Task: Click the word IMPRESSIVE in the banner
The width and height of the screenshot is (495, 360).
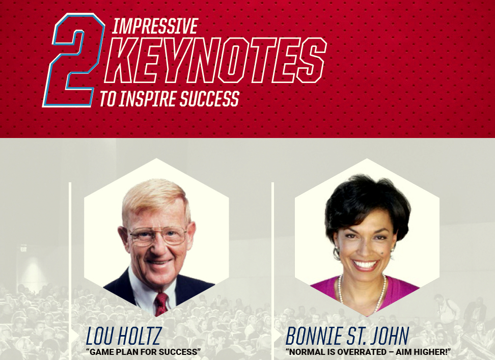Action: tap(155, 26)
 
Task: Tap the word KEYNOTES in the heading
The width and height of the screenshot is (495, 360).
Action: tap(215, 60)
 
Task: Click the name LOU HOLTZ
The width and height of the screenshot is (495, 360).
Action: tap(124, 336)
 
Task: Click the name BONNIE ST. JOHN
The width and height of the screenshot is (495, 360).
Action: tap(347, 336)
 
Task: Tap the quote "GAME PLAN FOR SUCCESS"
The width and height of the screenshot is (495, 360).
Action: tap(143, 352)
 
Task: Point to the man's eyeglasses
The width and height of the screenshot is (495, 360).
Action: tap(157, 236)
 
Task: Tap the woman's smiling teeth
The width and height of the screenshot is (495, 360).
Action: tap(365, 264)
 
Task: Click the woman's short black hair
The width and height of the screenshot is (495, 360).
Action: tap(368, 202)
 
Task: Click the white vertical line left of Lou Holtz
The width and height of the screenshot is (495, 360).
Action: tap(70, 271)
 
